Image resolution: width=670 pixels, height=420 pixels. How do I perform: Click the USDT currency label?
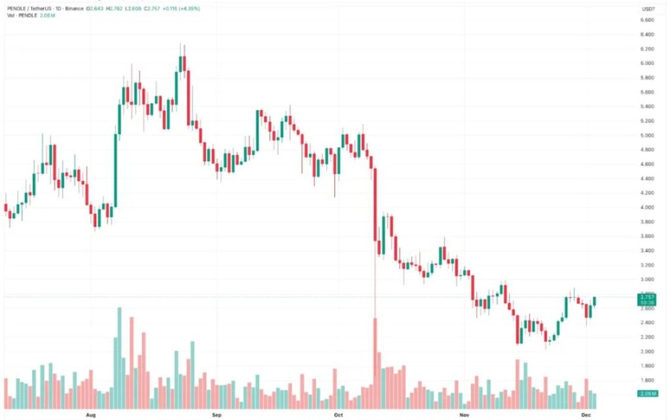pyautogui.click(x=649, y=9)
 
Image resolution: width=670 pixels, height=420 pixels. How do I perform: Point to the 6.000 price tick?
pyautogui.click(x=646, y=64)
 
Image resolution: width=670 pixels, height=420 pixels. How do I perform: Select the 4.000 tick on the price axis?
pyautogui.click(x=646, y=208)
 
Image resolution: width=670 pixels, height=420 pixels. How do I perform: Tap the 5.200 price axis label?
pyautogui.click(x=646, y=121)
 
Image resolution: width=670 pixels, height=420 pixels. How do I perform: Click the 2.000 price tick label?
pyautogui.click(x=646, y=352)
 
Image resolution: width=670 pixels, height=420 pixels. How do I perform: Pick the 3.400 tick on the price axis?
pyautogui.click(x=646, y=251)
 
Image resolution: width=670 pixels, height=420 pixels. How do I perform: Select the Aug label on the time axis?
pyautogui.click(x=91, y=415)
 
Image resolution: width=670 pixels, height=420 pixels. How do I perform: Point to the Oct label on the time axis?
pyautogui.click(x=338, y=415)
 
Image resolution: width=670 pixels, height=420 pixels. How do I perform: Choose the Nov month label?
pyautogui.click(x=464, y=415)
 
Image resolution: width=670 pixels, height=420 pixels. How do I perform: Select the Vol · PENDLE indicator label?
pyautogui.click(x=18, y=15)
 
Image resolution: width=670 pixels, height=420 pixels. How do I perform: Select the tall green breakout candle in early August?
pyautogui.click(x=116, y=170)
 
